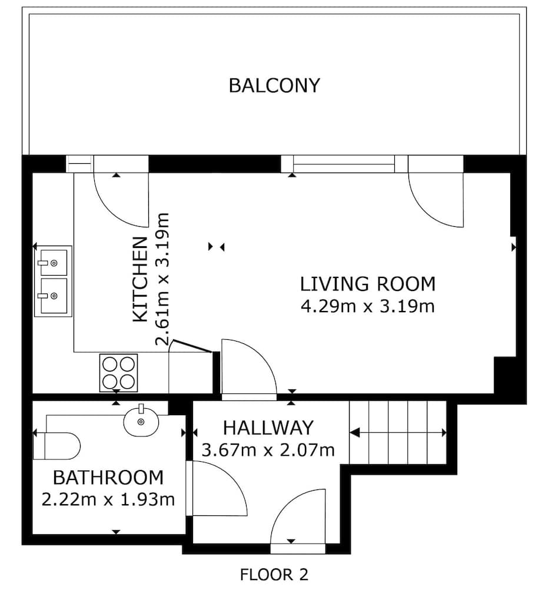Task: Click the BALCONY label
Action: tap(274, 85)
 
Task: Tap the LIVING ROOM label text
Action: tap(368, 284)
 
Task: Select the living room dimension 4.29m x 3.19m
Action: tap(368, 306)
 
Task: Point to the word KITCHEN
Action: tap(140, 279)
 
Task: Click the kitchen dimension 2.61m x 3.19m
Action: tap(162, 279)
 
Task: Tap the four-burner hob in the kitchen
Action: tap(118, 373)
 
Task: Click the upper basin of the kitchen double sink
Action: tap(54, 263)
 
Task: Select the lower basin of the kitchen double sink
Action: tap(54, 296)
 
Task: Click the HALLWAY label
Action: tap(268, 428)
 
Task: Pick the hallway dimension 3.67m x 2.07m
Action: tap(268, 450)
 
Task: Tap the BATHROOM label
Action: tap(108, 478)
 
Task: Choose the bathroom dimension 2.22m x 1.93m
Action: tap(108, 499)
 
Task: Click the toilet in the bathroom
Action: tap(57, 446)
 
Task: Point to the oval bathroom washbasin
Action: tap(141, 422)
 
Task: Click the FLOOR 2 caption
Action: tap(274, 575)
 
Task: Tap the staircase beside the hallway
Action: tap(398, 432)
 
